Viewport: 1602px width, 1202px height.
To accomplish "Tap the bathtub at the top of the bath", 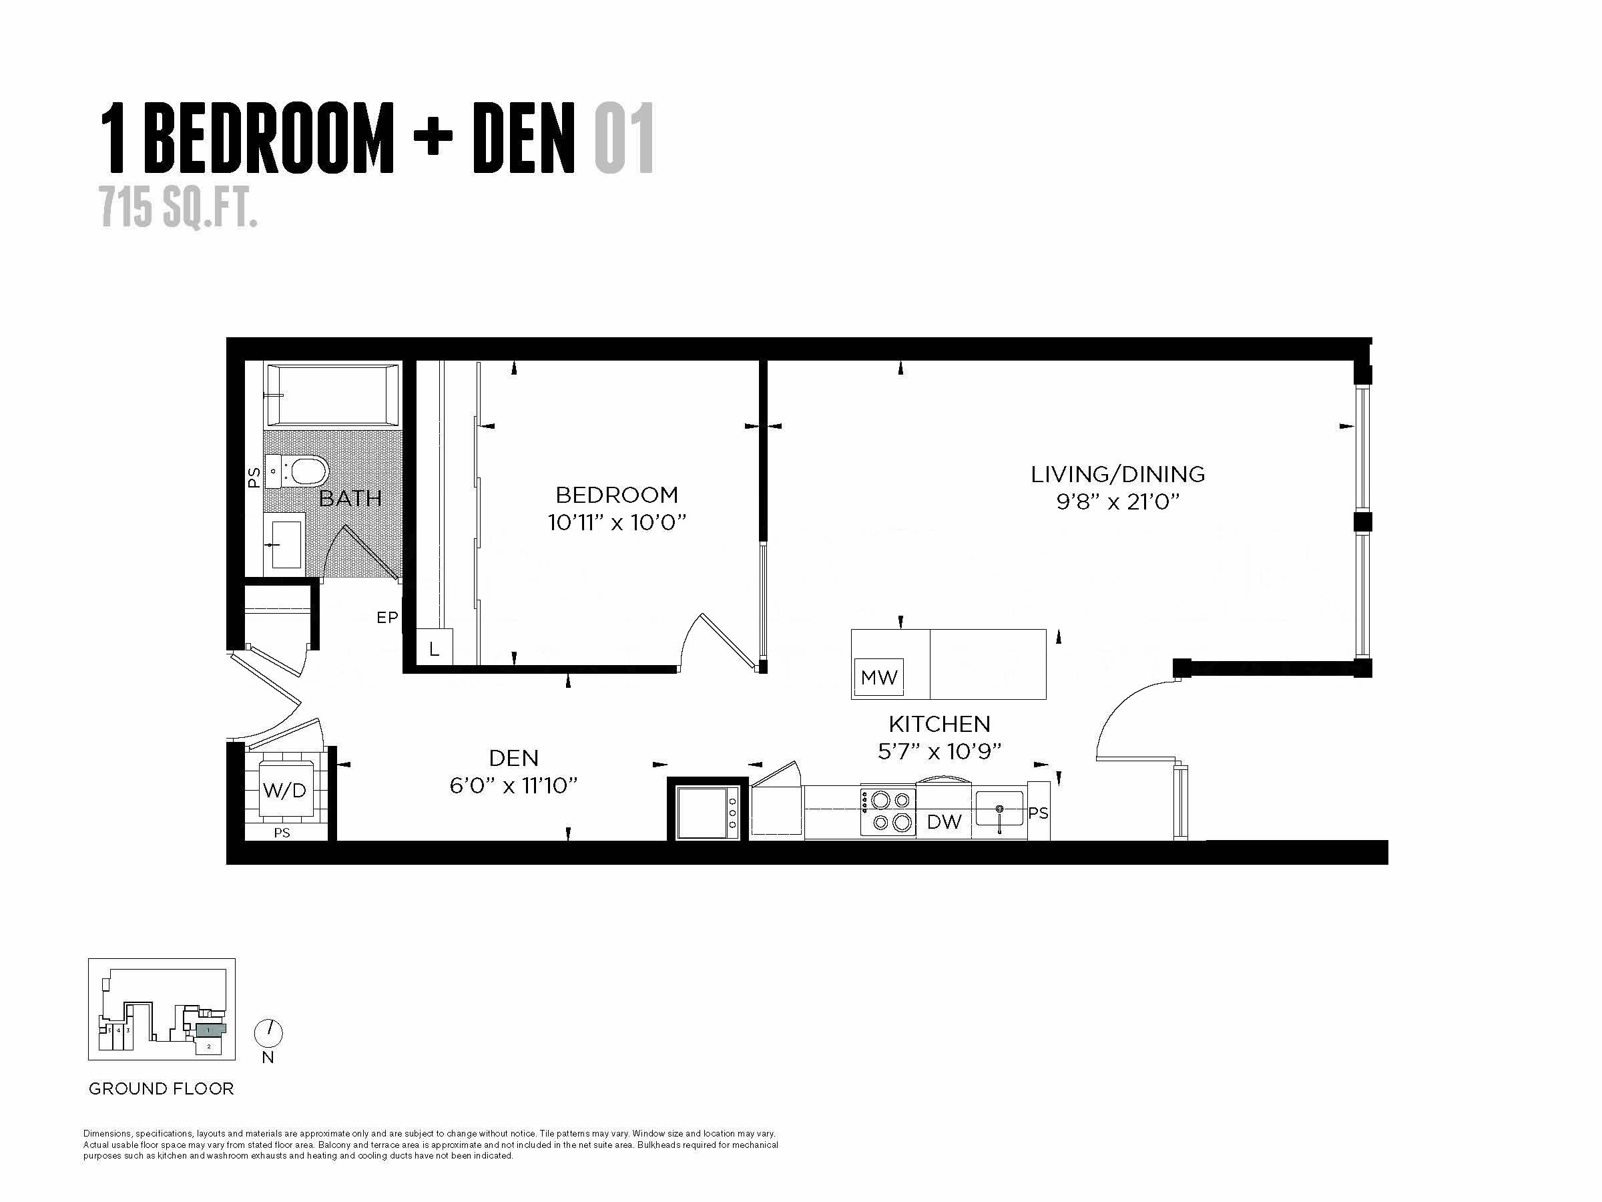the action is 332,394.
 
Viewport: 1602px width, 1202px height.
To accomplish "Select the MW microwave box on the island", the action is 879,677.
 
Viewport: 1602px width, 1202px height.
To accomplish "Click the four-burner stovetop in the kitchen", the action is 888,811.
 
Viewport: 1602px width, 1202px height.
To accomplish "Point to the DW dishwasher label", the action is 945,821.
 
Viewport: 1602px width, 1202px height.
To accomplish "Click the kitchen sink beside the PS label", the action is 999,808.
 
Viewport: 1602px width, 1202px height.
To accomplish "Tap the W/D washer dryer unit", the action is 284,790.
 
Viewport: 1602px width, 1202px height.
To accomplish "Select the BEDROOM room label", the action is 617,495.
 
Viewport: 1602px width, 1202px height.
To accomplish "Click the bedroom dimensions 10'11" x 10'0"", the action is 617,522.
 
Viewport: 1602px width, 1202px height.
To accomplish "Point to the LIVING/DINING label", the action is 1118,474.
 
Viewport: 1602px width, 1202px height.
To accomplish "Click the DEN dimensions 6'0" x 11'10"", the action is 513,785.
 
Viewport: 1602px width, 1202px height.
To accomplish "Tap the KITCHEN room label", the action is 939,724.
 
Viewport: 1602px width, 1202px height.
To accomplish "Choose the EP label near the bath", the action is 387,617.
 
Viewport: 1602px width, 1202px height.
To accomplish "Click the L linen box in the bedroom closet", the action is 435,647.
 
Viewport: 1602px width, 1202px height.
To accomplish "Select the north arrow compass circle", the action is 269,1033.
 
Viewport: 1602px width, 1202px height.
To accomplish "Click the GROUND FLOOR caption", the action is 162,1088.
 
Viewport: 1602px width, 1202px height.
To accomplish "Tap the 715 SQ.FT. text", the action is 179,206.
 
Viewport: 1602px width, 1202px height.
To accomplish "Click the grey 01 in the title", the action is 624,138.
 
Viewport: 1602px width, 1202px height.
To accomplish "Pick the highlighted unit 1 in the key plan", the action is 211,1029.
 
